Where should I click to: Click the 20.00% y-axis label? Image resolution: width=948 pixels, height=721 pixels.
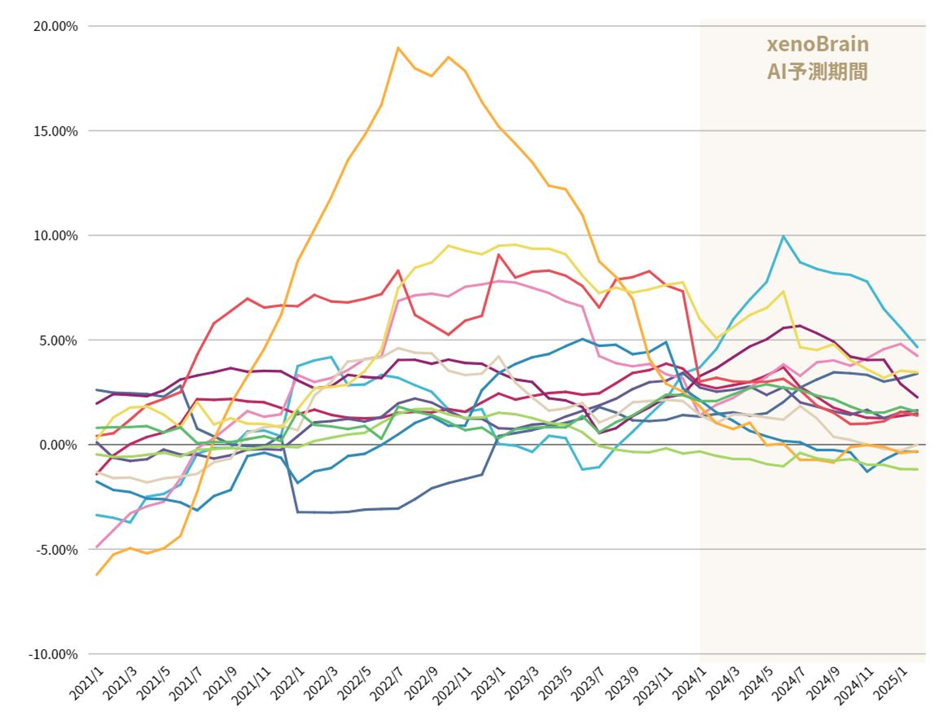[x=55, y=26]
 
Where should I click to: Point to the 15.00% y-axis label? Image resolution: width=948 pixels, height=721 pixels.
[x=55, y=131]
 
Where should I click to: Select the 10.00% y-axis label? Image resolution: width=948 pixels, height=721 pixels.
[x=55, y=236]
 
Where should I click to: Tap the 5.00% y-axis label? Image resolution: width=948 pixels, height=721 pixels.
[x=58, y=340]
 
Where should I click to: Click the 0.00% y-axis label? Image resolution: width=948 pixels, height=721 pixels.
[x=58, y=445]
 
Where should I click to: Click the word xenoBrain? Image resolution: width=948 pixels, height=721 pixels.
[x=818, y=44]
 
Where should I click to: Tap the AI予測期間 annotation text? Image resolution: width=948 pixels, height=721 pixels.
[x=818, y=71]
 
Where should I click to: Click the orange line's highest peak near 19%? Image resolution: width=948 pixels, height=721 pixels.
[x=398, y=48]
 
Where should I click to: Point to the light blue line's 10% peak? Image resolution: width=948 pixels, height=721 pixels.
[x=783, y=236]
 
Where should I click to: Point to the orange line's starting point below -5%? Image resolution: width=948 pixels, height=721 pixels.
[x=97, y=575]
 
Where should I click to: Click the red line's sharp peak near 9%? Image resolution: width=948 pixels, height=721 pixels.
[x=499, y=255]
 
